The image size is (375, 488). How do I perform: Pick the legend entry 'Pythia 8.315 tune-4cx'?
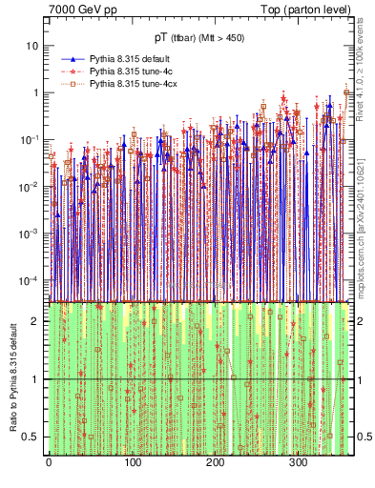pos(135,85)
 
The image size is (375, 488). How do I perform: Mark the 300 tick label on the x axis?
pos(298,463)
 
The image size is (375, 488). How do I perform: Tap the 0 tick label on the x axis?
pos(49,463)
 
